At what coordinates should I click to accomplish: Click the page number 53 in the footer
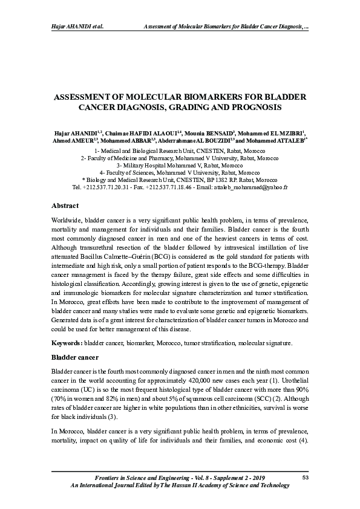click(306, 478)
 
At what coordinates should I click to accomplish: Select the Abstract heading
click(65, 206)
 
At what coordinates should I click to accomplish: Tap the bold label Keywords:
click(68, 343)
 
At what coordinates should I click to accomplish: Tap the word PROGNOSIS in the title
click(251, 107)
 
